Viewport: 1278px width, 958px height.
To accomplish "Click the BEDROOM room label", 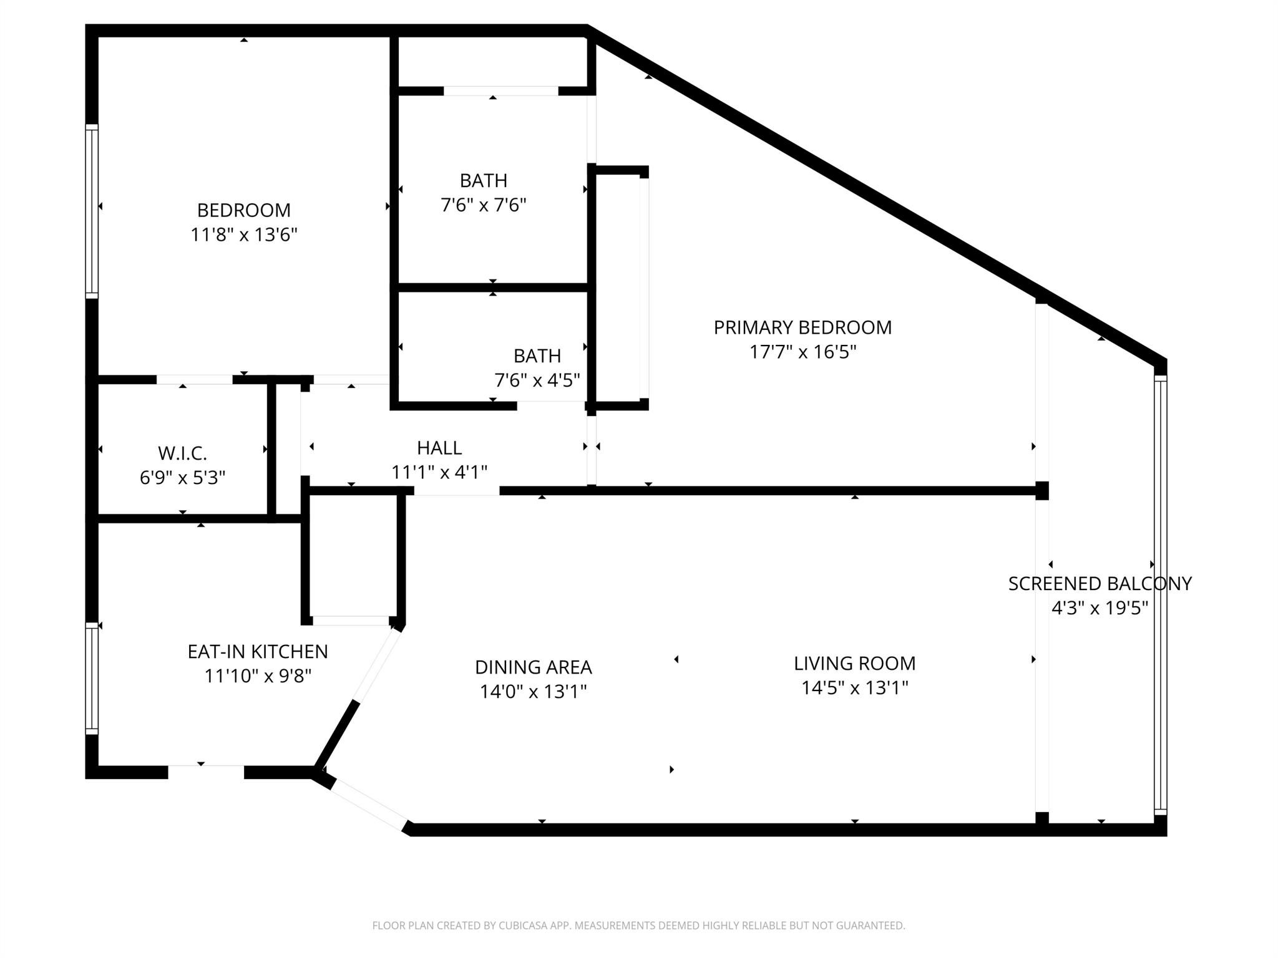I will [243, 210].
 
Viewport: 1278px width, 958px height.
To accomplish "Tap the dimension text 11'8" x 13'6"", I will [243, 235].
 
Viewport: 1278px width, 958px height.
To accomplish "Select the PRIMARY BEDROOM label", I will [802, 327].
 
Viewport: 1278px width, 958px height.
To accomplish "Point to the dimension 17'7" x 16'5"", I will [802, 352].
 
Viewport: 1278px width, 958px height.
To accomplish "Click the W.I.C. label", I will [182, 453].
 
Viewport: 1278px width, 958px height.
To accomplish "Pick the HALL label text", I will [439, 448].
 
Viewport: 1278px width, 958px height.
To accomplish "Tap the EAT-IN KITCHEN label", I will [258, 652].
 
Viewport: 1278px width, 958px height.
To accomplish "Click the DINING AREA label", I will [533, 667].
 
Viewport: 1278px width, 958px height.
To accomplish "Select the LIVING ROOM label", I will [854, 664].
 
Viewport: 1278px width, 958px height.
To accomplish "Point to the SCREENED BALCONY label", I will [1100, 584].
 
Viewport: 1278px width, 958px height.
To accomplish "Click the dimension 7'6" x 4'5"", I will [537, 380].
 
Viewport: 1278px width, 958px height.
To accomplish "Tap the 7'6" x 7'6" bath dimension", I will [484, 205].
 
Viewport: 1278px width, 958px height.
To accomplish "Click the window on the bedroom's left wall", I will [92, 211].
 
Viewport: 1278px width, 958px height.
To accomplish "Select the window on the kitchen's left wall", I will [92, 679].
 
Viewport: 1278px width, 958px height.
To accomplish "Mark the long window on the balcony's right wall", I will [1160, 596].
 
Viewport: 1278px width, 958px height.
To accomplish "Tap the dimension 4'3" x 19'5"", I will [1100, 608].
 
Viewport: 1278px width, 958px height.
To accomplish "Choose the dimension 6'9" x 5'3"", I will [182, 478].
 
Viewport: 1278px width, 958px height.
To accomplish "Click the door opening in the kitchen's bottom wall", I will [206, 772].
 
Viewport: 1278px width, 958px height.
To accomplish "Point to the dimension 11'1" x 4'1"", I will [439, 473].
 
